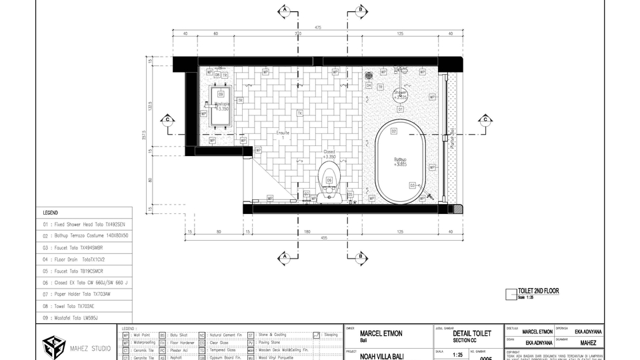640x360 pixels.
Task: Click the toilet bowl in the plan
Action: click(x=329, y=179)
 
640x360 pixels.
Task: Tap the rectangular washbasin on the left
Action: click(x=221, y=106)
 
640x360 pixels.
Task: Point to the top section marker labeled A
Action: click(x=285, y=9)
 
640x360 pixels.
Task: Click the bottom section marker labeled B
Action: click(x=360, y=257)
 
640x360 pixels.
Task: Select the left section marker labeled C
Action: click(x=167, y=120)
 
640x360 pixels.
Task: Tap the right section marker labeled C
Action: click(x=485, y=120)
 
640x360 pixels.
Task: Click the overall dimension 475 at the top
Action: click(x=319, y=27)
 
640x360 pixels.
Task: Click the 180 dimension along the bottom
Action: click(x=307, y=231)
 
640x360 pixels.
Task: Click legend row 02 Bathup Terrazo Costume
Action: click(x=83, y=236)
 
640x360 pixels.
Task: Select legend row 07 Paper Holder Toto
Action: click(x=83, y=294)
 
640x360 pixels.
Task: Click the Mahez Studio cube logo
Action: click(x=54, y=347)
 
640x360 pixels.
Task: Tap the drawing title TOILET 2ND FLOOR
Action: click(x=538, y=291)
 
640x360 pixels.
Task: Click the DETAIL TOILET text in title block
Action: click(x=472, y=333)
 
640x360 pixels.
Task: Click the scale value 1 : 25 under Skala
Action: click(x=457, y=355)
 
